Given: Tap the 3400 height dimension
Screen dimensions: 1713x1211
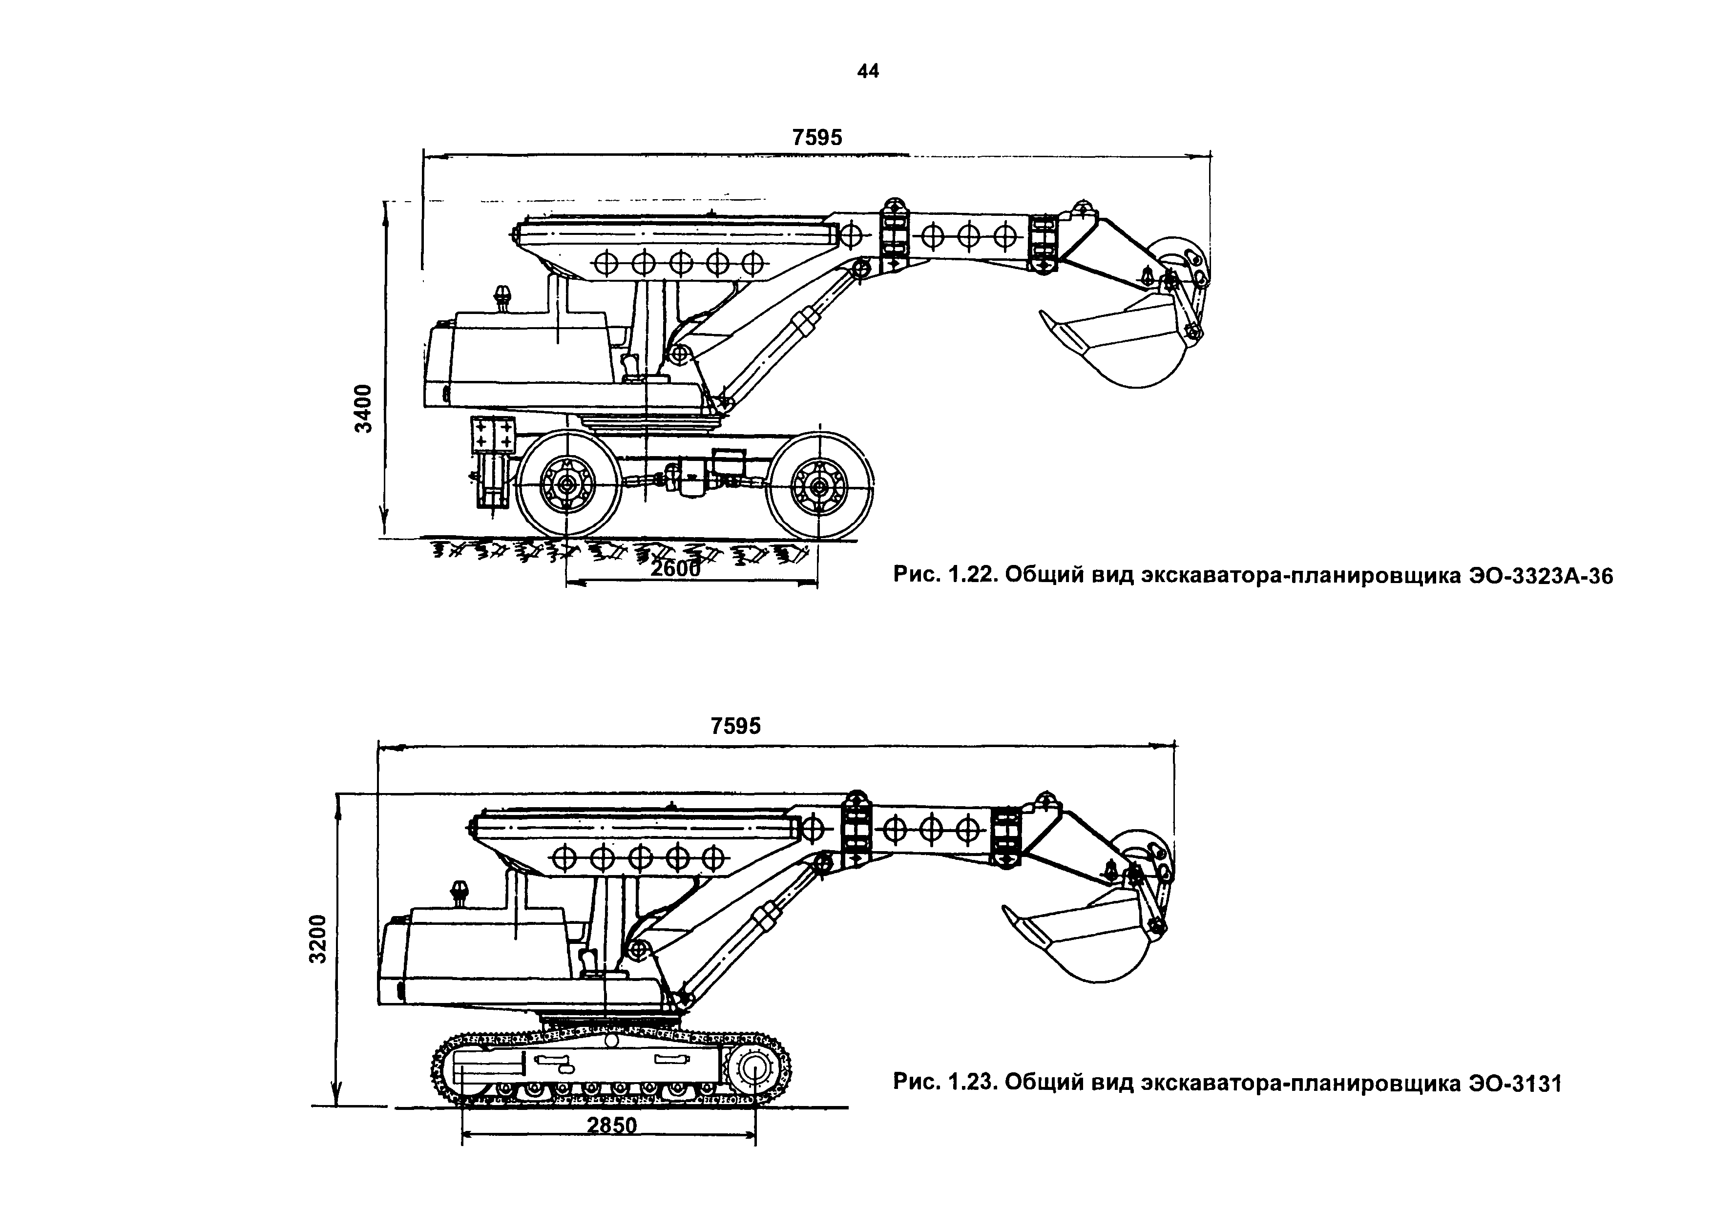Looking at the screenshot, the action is click(x=363, y=408).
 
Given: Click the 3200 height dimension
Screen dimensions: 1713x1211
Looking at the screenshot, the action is click(x=318, y=939).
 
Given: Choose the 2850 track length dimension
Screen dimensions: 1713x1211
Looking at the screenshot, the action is click(x=612, y=1125).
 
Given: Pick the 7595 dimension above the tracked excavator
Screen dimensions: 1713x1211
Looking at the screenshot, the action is click(x=735, y=726).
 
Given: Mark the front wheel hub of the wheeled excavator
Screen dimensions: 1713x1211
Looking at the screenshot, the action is click(x=819, y=487).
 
